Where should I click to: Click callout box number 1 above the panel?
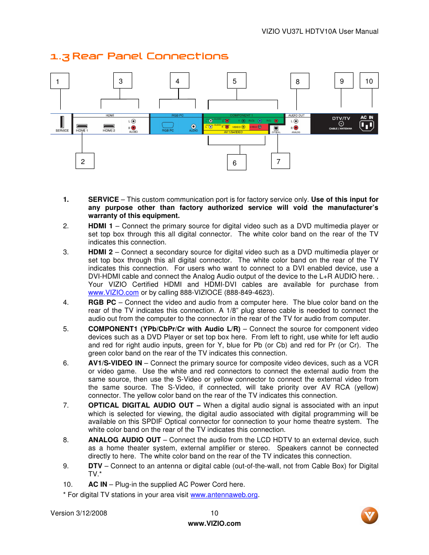[x=59, y=81]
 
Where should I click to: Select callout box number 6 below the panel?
[x=237, y=163]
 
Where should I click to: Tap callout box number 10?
[x=369, y=81]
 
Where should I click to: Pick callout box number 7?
[x=280, y=161]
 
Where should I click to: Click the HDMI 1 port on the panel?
[x=82, y=126]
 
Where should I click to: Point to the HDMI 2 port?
[x=109, y=126]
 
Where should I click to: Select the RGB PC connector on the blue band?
[x=168, y=125]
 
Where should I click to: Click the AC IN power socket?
[x=367, y=125]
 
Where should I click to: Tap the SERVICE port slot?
[x=62, y=122]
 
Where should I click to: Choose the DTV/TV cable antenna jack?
[x=341, y=124]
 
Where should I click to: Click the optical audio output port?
[x=276, y=128]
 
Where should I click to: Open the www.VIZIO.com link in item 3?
[x=113, y=293]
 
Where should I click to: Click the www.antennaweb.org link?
[x=224, y=495]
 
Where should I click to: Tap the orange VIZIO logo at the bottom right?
[x=369, y=515]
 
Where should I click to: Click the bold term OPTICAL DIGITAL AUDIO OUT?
[x=141, y=405]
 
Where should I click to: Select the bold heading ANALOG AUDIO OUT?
[x=124, y=440]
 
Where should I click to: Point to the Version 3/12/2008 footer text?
[x=79, y=513]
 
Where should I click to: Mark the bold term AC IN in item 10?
[x=98, y=484]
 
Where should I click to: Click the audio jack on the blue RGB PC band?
[x=193, y=126]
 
